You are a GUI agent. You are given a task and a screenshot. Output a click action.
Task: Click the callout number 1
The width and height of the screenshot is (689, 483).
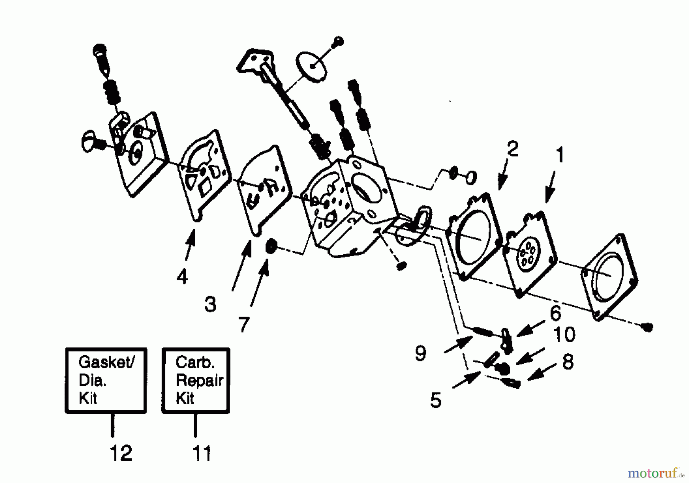click(559, 155)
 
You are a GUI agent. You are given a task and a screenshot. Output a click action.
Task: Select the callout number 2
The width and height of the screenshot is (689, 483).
click(512, 149)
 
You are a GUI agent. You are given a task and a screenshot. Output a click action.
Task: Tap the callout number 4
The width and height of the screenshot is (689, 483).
click(182, 276)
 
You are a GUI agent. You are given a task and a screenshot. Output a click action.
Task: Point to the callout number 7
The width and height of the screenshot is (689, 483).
click(244, 325)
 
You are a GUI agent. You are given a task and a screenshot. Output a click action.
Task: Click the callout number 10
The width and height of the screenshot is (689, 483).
click(564, 335)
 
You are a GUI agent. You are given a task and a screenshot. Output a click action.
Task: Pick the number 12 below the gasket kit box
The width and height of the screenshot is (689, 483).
click(121, 453)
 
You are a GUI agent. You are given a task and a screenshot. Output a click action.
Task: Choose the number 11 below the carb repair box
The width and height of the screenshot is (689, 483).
click(201, 454)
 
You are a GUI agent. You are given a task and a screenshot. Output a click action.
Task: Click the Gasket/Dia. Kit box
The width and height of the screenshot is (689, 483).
click(106, 381)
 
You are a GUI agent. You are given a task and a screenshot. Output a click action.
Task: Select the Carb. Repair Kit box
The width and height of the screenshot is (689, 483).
click(196, 381)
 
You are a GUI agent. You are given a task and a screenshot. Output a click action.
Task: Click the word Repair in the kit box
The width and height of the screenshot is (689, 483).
click(199, 381)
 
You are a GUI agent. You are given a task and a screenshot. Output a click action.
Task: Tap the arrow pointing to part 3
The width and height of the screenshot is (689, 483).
click(241, 264)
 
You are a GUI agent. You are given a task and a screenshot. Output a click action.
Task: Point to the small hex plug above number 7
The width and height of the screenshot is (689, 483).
click(271, 246)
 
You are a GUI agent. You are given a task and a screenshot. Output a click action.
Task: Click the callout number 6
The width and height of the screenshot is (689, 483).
click(555, 314)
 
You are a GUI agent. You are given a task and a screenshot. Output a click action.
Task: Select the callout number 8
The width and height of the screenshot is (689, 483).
click(568, 362)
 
